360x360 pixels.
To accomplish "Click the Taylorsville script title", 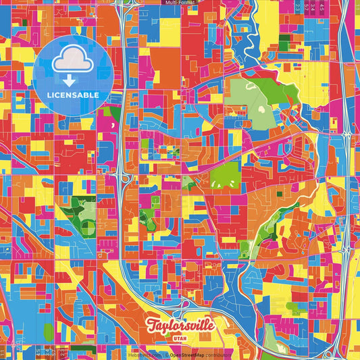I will tap(179, 325).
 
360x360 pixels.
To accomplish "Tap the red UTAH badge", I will tap(180, 339).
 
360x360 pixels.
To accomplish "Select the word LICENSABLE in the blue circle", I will tap(73, 95).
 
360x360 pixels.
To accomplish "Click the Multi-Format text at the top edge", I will tap(180, 3).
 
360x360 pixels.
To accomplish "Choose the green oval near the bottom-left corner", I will tap(48, 332).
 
